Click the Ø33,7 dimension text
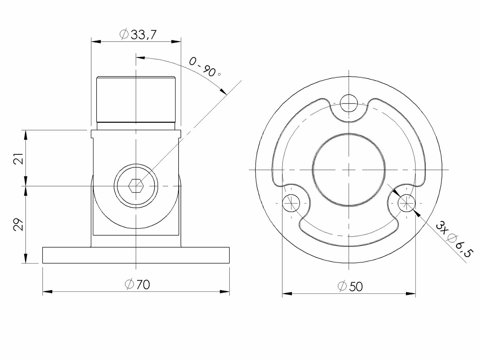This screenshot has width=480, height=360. [x=138, y=35]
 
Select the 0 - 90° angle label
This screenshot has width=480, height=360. [x=205, y=67]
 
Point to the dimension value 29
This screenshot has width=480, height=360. [x=19, y=224]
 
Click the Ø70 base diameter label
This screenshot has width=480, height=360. [x=137, y=284]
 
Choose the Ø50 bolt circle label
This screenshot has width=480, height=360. [x=350, y=286]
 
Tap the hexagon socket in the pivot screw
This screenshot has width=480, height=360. [x=136, y=186]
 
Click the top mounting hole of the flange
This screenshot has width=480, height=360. [x=349, y=103]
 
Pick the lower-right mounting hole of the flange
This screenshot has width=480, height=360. [x=406, y=203]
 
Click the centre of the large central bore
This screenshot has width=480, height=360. [x=349, y=170]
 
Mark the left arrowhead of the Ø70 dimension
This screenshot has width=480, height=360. [x=47, y=292]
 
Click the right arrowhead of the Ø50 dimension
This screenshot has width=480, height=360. [x=411, y=293]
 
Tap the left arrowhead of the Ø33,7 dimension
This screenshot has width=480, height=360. [x=96, y=42]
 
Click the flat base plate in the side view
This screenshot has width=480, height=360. [x=136, y=255]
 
